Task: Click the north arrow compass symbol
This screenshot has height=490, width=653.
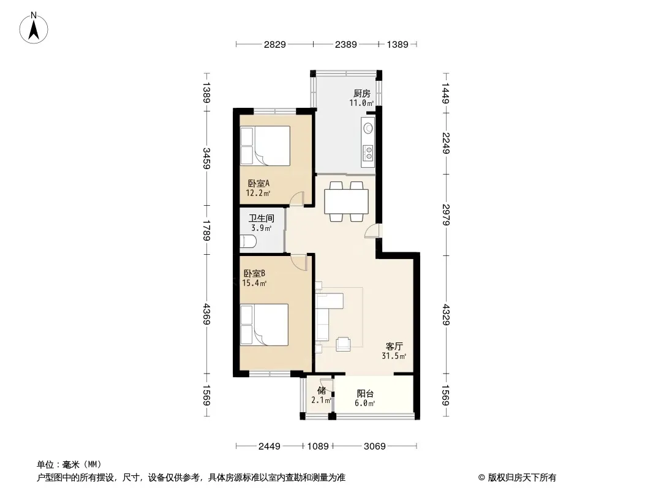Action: pyautogui.click(x=34, y=28)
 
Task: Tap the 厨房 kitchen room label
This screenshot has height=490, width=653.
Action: pyautogui.click(x=361, y=93)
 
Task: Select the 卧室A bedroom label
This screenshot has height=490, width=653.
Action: pyautogui.click(x=259, y=183)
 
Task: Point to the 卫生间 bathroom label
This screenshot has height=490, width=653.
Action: pyautogui.click(x=262, y=218)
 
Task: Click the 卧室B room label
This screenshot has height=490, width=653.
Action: pyautogui.click(x=254, y=274)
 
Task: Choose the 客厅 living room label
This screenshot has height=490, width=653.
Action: pyautogui.click(x=394, y=347)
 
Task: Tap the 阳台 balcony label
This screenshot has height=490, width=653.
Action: pyautogui.click(x=365, y=393)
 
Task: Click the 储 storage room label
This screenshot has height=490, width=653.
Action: pyautogui.click(x=322, y=391)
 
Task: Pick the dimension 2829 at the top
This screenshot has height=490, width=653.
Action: pyautogui.click(x=275, y=45)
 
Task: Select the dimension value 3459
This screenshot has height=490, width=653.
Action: pyautogui.click(x=206, y=158)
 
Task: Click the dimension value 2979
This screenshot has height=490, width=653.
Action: pyautogui.click(x=445, y=214)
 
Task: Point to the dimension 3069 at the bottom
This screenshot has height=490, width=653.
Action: pyautogui.click(x=374, y=447)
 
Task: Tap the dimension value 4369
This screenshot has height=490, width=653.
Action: pyautogui.click(x=206, y=314)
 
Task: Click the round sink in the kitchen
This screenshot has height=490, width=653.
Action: pyautogui.click(x=368, y=127)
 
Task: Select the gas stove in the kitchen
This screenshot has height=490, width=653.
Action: pyautogui.click(x=368, y=153)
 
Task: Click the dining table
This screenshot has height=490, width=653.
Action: pyautogui.click(x=347, y=202)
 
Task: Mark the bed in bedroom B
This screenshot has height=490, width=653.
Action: pyautogui.click(x=265, y=325)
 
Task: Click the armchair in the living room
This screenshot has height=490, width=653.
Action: pyautogui.click(x=343, y=344)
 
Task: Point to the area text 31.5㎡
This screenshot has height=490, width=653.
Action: pyautogui.click(x=394, y=356)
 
